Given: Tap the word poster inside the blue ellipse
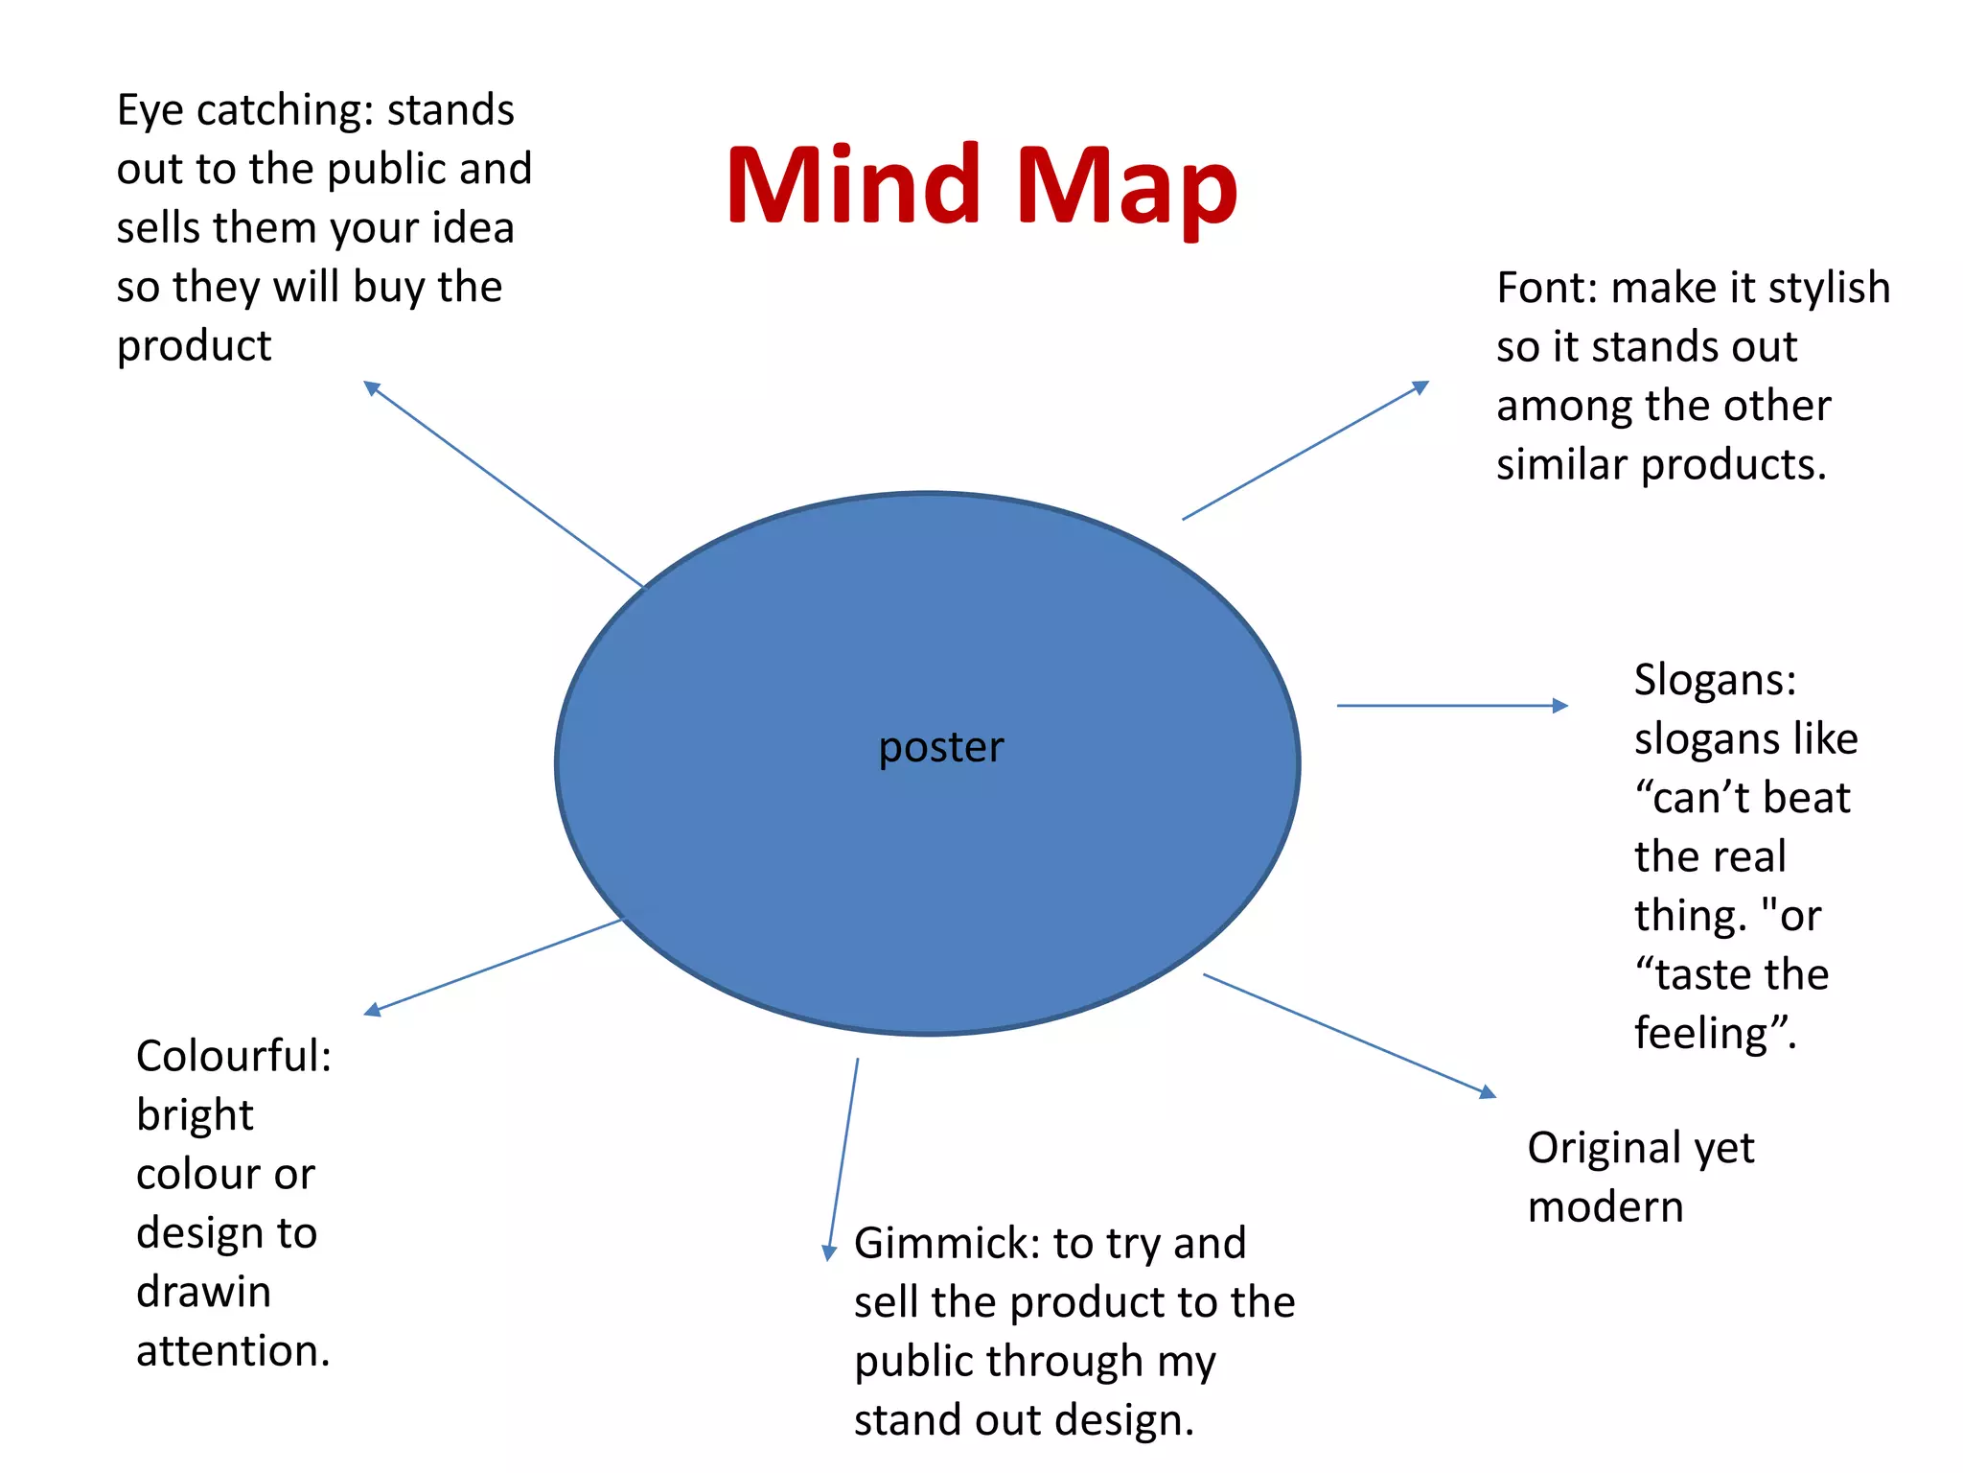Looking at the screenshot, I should point(940,747).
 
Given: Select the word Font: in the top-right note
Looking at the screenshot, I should point(1546,288).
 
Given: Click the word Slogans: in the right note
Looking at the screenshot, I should point(1715,680).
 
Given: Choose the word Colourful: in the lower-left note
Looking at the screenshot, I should point(234,1056).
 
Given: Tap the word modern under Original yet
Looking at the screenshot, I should point(1605,1206).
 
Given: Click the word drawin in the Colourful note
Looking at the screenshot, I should point(203,1292).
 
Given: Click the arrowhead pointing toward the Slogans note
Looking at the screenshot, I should point(1561,706).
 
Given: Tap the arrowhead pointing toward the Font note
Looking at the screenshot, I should point(1421,386).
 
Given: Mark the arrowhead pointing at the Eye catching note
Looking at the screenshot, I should point(371,386).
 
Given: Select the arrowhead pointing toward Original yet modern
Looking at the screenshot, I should point(1489,1092).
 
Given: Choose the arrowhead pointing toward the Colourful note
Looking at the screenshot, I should point(372,1011).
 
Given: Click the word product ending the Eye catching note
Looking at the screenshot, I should point(194,346).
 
